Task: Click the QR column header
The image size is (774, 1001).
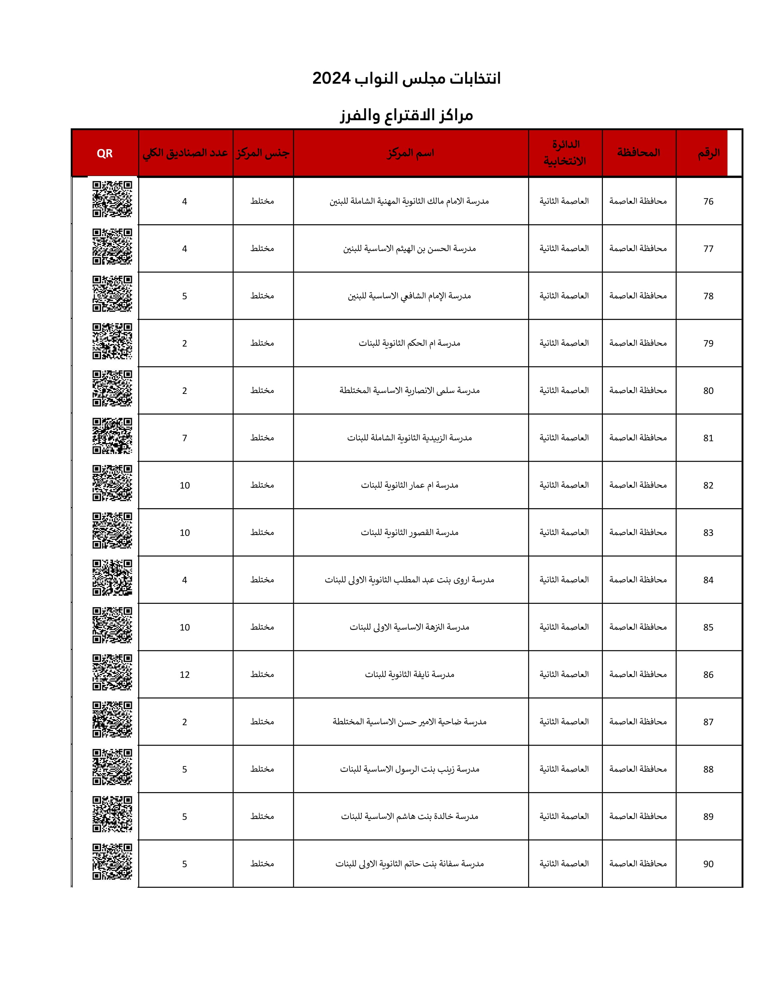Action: coord(105,153)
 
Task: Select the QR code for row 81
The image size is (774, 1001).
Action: coord(112,436)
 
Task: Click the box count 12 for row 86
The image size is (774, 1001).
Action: coord(185,675)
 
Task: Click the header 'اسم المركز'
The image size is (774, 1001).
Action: coord(410,153)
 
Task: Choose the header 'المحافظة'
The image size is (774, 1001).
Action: coord(638,153)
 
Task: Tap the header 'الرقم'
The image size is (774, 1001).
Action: coord(709,153)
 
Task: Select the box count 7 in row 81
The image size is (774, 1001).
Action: coord(185,438)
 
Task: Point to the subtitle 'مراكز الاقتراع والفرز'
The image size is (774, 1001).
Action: coord(406,115)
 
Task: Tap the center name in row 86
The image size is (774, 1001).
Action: coord(409,674)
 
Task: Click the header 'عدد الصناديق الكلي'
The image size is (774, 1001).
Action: coord(185,153)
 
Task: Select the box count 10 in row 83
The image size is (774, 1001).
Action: coord(185,533)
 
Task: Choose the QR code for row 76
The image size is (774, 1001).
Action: coord(112,199)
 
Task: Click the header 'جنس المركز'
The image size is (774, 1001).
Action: coord(263,153)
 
